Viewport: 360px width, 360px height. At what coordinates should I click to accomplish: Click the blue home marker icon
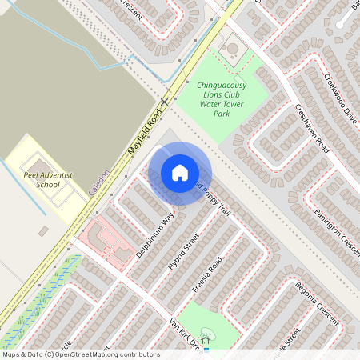point(180,173)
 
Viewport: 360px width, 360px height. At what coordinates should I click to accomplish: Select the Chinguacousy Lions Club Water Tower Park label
point(221,98)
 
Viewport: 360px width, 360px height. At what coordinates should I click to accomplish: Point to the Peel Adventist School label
point(42,178)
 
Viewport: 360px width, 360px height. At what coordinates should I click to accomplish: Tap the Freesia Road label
point(206,274)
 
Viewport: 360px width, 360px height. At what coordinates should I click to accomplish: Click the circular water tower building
point(232,48)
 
